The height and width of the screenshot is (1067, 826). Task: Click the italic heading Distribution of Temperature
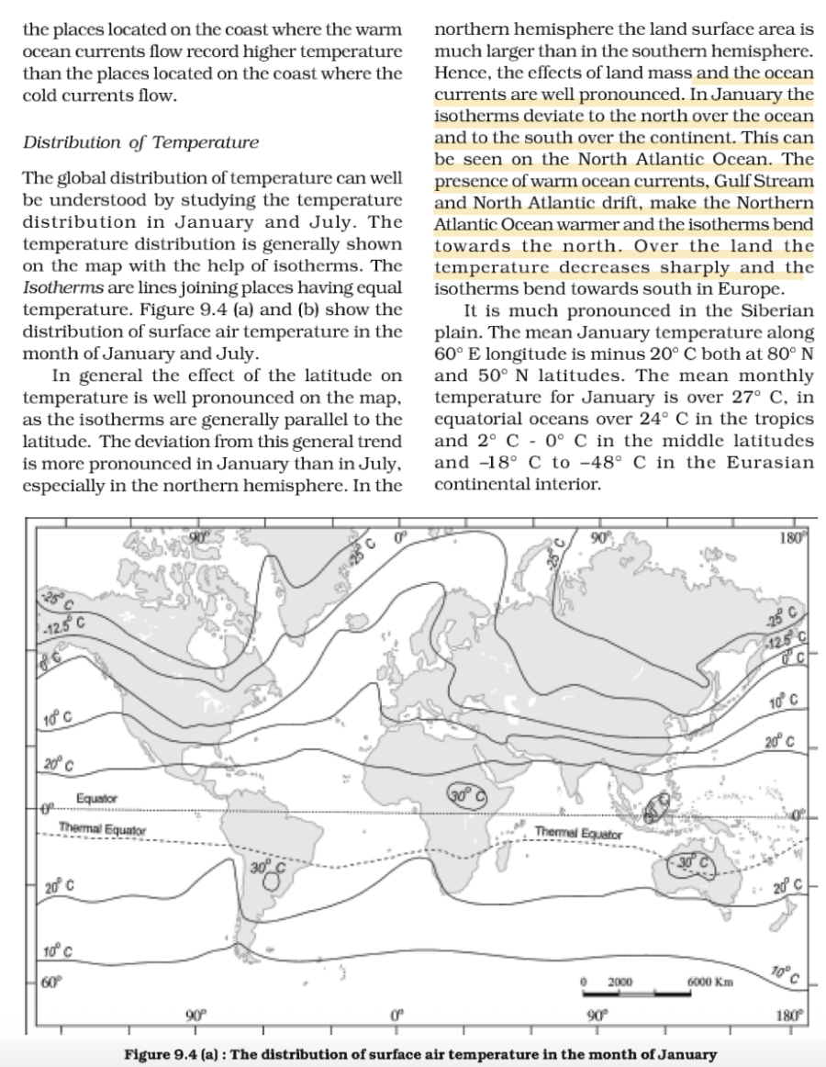point(140,142)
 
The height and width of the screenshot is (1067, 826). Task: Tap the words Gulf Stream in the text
point(765,181)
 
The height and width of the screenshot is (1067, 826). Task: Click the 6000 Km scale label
point(707,983)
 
